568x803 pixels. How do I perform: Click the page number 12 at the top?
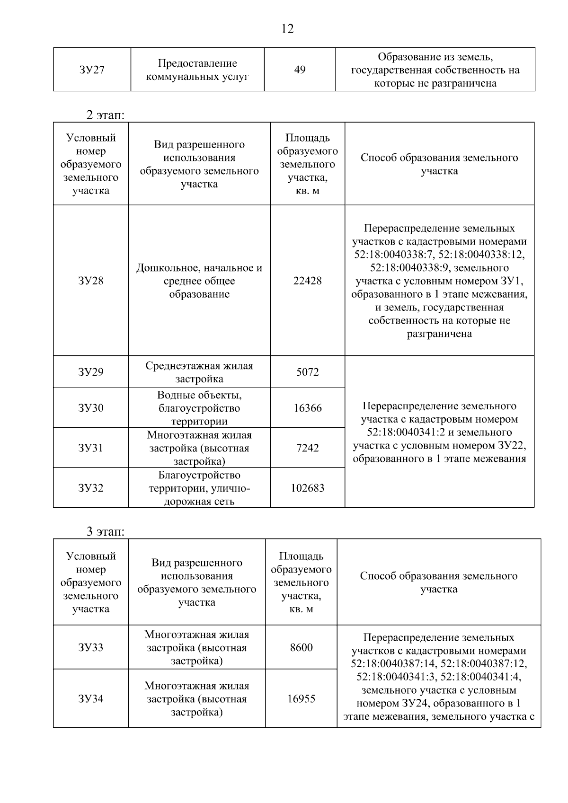pyautogui.click(x=287, y=29)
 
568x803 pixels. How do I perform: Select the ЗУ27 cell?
pyautogui.click(x=92, y=70)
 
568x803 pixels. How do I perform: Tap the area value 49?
pyautogui.click(x=300, y=70)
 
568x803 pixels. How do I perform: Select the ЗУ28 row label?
pyautogui.click(x=90, y=281)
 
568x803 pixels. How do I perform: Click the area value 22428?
pyautogui.click(x=307, y=281)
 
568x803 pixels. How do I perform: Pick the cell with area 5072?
pyautogui.click(x=307, y=372)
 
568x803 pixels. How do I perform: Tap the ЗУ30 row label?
pyautogui.click(x=90, y=408)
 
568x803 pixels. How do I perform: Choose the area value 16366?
pyautogui.click(x=307, y=408)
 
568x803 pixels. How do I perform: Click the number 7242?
pyautogui.click(x=307, y=448)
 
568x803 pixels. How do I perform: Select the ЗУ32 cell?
pyautogui.click(x=90, y=488)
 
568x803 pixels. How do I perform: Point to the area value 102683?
pyautogui.click(x=307, y=488)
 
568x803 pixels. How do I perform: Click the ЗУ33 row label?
pyautogui.click(x=90, y=647)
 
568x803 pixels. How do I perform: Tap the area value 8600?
pyautogui.click(x=301, y=647)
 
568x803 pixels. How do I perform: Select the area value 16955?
pyautogui.click(x=301, y=699)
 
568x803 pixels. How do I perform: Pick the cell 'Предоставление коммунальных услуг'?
pyautogui.click(x=197, y=70)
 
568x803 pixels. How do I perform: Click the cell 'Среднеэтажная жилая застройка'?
pyautogui.click(x=199, y=372)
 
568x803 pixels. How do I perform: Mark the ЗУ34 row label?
pyautogui.click(x=90, y=699)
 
